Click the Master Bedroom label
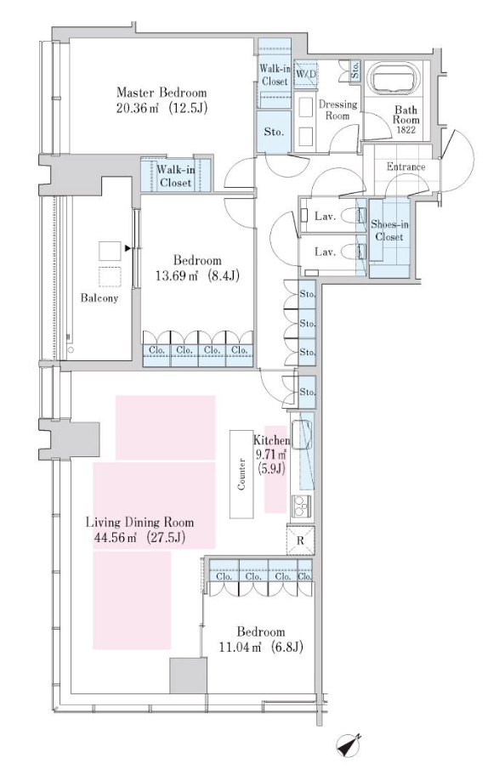tap(162, 93)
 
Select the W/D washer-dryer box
tap(306, 74)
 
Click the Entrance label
tap(406, 167)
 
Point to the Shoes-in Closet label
tap(389, 230)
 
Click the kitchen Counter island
tap(241, 474)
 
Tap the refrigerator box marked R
tap(301, 540)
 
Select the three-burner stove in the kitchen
tap(301, 506)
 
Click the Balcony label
tap(99, 298)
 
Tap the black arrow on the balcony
tap(128, 248)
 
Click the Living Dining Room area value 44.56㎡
tap(115, 537)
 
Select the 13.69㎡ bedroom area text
tap(177, 275)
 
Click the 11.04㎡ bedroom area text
tap(240, 647)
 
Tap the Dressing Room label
tap(338, 110)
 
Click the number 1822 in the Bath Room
tap(406, 130)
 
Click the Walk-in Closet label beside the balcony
tap(175, 175)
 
